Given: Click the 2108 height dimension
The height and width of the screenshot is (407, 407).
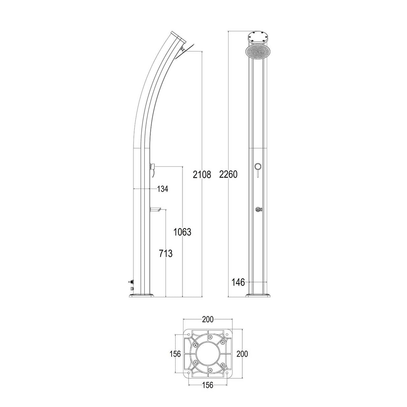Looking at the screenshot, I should tap(202, 174).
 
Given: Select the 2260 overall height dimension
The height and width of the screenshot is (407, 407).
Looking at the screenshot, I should tap(228, 174).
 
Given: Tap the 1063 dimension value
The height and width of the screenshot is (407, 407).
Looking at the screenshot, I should tap(182, 232).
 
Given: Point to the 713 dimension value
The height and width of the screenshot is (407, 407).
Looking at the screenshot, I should tap(166, 253).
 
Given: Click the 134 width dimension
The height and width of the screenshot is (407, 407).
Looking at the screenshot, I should tap(162, 189).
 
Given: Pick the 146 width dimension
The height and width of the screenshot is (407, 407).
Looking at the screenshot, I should tap(238, 282).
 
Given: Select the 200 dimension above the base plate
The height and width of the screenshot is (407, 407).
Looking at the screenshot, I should tap(208, 319).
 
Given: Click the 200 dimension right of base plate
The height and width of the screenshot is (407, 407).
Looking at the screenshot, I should tap(242, 353).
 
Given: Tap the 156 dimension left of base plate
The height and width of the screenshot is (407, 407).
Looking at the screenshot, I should tap(175, 354).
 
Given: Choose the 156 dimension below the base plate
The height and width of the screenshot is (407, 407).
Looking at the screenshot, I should tap(208, 386).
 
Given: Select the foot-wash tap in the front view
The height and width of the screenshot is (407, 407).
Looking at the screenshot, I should tap(258, 210).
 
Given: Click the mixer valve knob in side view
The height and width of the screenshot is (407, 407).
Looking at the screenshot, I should tap(153, 166).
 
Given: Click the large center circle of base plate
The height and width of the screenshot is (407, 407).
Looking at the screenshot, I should tap(208, 354).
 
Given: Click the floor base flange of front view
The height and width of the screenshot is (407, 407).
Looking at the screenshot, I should tap(258, 295).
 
